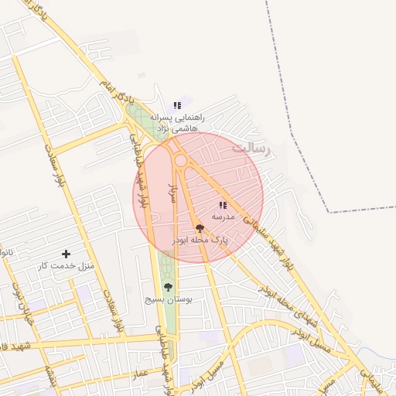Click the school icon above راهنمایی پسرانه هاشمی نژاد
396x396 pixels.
click(x=177, y=105)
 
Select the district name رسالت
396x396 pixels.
click(x=252, y=148)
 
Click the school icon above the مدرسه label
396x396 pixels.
click(x=223, y=206)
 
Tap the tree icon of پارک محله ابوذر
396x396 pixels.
click(x=200, y=228)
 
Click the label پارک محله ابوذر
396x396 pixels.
click(x=200, y=241)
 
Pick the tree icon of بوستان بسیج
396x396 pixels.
click(x=168, y=287)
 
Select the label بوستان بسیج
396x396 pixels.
click(x=173, y=299)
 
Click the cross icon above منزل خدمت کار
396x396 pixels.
click(x=66, y=254)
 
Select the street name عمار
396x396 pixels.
click(x=139, y=374)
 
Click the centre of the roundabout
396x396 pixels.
click(x=180, y=160)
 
